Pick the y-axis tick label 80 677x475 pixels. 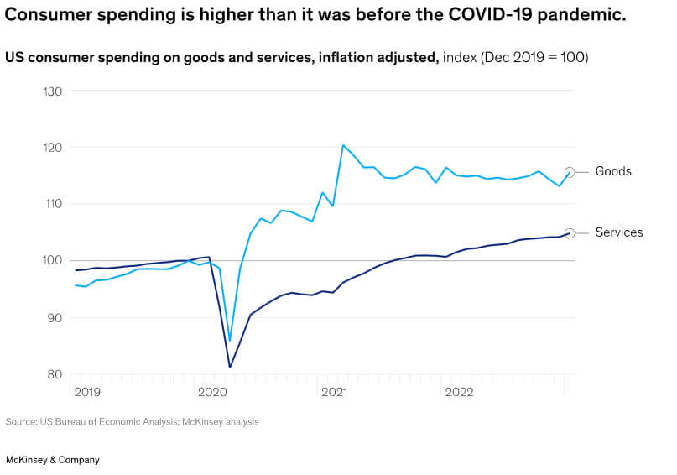(55, 374)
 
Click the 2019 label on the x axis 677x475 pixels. (87, 392)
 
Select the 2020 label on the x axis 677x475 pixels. (211, 392)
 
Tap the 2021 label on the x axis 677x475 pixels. (335, 392)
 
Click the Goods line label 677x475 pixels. (612, 171)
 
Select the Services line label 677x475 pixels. (618, 232)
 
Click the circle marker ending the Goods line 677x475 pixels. (570, 172)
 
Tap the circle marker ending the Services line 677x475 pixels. (570, 233)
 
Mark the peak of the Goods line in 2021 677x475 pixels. (343, 145)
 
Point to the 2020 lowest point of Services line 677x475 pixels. (230, 367)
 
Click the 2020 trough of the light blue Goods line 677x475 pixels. (230, 341)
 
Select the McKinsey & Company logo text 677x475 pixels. (52, 460)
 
